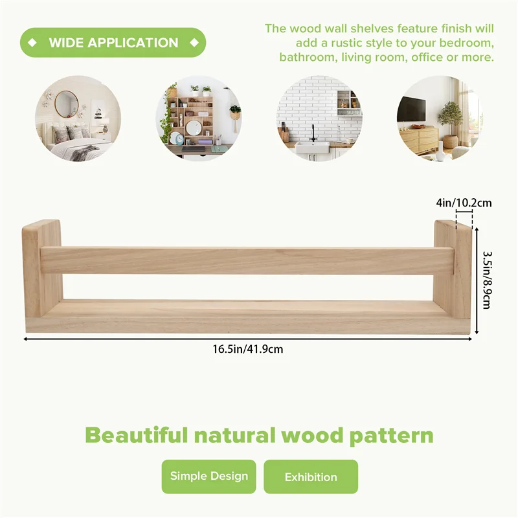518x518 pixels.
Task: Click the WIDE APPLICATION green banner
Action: click(x=113, y=43)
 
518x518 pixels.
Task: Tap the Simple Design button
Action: click(x=208, y=477)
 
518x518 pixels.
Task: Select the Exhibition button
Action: click(x=311, y=477)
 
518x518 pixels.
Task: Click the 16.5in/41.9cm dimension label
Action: click(x=248, y=349)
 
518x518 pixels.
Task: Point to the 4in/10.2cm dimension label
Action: click(x=464, y=203)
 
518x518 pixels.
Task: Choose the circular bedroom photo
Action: click(x=78, y=118)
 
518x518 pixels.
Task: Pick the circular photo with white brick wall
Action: click(x=319, y=118)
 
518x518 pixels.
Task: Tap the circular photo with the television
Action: click(x=440, y=118)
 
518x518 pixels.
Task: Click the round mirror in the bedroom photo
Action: click(x=66, y=104)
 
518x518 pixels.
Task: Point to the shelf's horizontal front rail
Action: click(x=246, y=260)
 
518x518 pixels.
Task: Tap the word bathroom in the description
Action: click(x=308, y=57)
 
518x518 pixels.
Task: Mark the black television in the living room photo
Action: click(x=411, y=109)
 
